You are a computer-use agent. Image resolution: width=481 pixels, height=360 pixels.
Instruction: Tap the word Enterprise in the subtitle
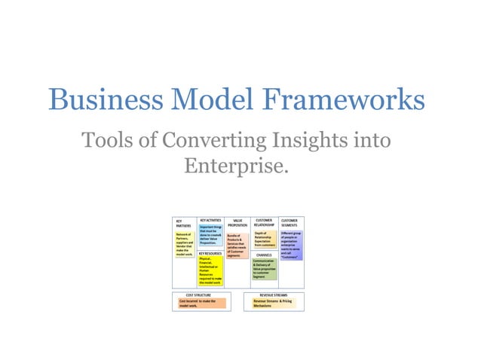236,165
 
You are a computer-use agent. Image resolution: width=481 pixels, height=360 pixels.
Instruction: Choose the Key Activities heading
210,220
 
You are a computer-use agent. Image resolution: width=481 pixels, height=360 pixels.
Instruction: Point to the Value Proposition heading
237,222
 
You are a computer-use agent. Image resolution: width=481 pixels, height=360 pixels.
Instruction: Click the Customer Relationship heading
264,222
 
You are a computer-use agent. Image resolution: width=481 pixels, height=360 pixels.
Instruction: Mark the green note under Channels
265,270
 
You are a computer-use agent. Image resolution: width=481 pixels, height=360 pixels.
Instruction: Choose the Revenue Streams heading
274,295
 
